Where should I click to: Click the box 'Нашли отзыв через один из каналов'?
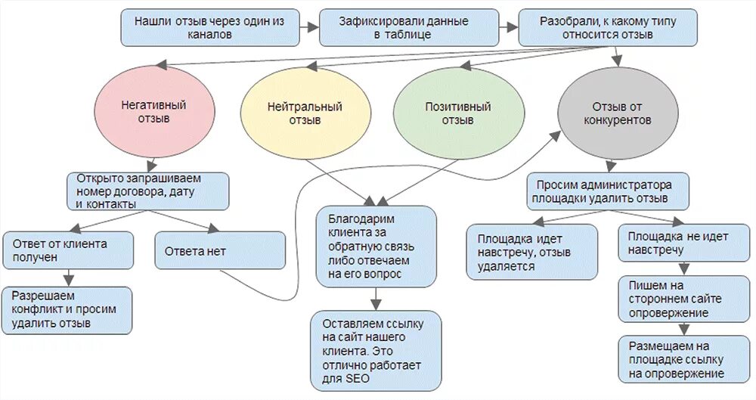209,28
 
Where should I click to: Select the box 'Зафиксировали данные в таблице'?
409,28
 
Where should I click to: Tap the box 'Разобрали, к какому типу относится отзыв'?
607,28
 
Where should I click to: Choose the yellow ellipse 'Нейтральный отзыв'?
305,113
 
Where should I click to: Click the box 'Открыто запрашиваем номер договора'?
148,191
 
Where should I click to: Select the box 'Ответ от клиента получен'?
69,250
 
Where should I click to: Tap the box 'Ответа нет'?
220,250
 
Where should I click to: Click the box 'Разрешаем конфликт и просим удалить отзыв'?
68,309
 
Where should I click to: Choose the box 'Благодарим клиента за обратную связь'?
376,247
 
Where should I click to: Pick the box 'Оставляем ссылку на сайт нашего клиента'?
376,350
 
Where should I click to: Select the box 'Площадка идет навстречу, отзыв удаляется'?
532,251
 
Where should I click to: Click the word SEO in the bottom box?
357,378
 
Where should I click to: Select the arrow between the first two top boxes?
309,28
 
